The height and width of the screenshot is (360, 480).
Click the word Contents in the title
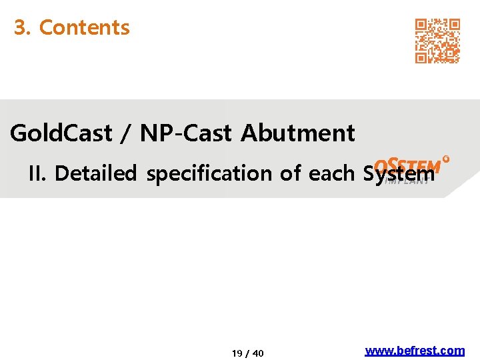(x=84, y=27)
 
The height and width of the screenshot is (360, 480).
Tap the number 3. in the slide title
(x=23, y=27)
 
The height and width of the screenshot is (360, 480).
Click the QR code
(x=437, y=41)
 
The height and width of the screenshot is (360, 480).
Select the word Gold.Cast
(x=61, y=133)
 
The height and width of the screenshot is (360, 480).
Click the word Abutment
(x=297, y=133)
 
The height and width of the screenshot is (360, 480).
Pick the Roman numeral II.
(x=37, y=173)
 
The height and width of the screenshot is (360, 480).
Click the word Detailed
(x=95, y=173)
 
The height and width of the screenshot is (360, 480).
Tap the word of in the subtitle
(x=291, y=173)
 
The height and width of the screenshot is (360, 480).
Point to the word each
(x=332, y=173)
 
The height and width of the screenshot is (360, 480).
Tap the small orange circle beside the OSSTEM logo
(x=445, y=159)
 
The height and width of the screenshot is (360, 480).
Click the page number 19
(x=237, y=353)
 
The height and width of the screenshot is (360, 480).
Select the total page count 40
(x=258, y=353)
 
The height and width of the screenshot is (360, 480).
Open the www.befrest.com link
(x=415, y=351)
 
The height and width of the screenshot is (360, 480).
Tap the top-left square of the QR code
(x=421, y=25)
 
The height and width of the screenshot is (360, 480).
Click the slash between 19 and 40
(x=247, y=353)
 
